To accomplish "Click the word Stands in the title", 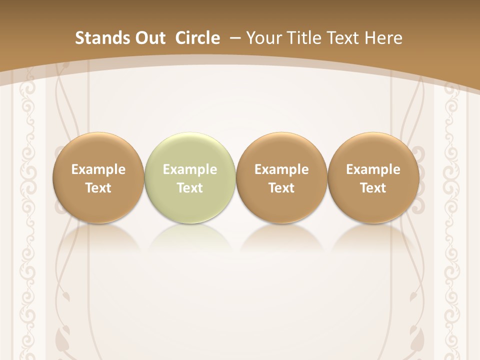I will click(x=102, y=38).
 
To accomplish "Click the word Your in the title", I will click(x=263, y=38).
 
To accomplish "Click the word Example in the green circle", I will click(x=190, y=170).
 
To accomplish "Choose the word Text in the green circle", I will click(x=190, y=188).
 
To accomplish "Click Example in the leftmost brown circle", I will click(x=98, y=170).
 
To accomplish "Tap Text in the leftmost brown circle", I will click(x=98, y=188).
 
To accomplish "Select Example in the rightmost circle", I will click(x=373, y=170).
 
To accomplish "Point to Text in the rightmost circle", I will click(x=373, y=188).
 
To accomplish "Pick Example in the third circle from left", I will click(x=281, y=170).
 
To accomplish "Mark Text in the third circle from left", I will click(x=281, y=188).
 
